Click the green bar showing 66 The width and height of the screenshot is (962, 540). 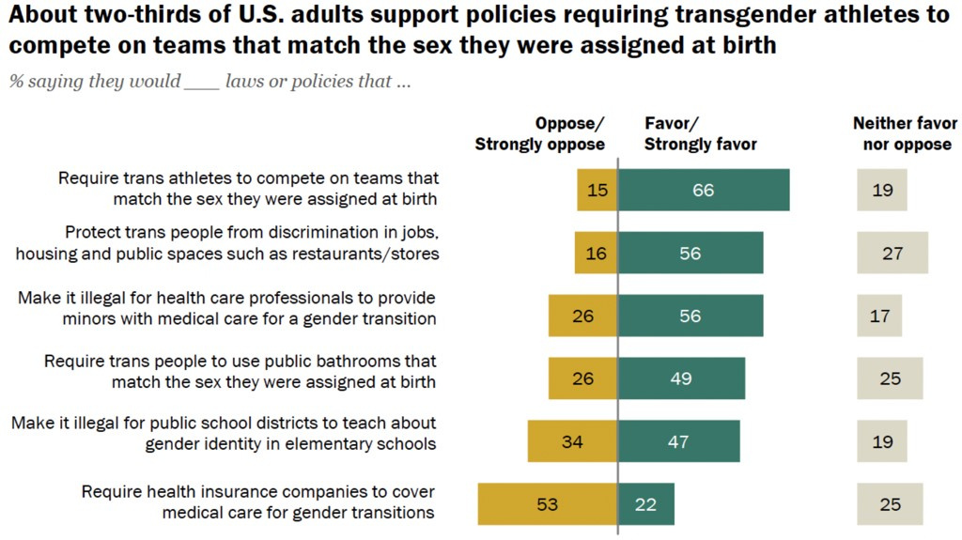(703, 190)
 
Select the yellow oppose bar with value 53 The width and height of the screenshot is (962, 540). (548, 503)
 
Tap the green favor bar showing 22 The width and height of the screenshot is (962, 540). (645, 503)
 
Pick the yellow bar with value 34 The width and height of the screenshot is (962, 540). (572, 441)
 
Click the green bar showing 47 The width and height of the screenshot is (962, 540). (678, 441)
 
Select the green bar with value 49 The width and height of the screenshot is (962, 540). (681, 378)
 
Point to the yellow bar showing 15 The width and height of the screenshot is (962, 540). (597, 190)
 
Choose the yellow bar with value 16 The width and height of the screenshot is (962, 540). (597, 253)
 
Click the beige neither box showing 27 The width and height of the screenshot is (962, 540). (892, 253)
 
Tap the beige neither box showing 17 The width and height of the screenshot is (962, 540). (879, 316)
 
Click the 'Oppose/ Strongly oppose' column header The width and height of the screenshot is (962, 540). (540, 133)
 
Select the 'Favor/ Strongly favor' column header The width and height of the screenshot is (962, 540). (701, 133)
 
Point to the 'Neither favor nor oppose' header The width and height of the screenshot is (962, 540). (905, 133)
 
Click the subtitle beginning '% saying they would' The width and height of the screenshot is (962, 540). (209, 82)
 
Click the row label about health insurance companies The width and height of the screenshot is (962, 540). (258, 502)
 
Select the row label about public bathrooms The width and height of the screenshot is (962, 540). (240, 371)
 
